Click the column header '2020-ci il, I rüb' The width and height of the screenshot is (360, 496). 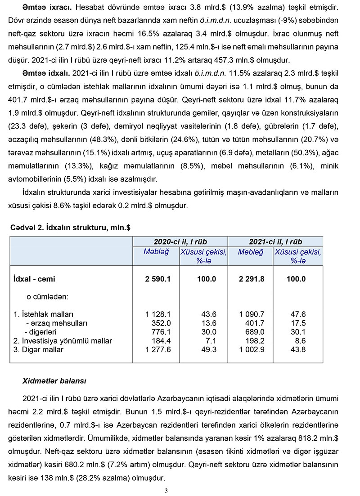(x=180, y=241)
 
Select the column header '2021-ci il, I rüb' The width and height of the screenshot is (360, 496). (x=275, y=241)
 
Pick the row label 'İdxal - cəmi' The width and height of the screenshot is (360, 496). (x=35, y=279)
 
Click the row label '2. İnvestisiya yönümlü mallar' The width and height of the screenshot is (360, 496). (x=63, y=341)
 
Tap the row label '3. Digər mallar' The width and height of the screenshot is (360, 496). (x=42, y=350)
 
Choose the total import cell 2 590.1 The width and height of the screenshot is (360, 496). (x=158, y=279)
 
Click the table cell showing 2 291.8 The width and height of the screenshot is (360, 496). (x=252, y=279)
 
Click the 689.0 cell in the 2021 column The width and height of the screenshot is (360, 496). (x=255, y=332)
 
